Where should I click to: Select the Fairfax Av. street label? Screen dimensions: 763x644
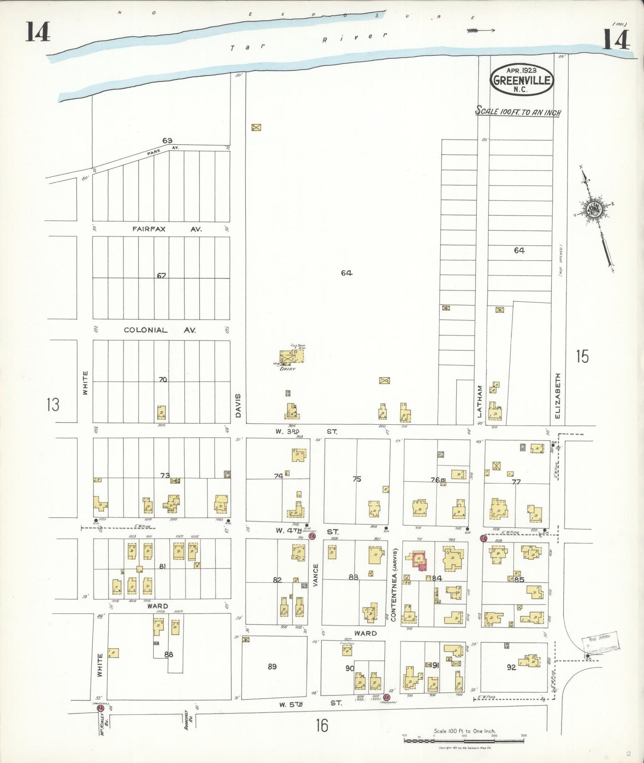tap(167, 229)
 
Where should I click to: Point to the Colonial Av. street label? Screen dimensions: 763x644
tap(160, 330)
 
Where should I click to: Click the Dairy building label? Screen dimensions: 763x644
tap(287, 369)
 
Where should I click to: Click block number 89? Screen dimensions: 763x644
tap(272, 666)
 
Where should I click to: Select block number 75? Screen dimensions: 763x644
tap(357, 479)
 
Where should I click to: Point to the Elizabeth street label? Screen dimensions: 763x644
tap(558, 395)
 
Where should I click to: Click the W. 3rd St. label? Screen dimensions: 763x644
tap(307, 431)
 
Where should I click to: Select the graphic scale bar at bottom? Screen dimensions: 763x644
tap(464, 741)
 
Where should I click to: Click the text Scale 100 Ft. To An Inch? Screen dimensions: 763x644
tap(518, 112)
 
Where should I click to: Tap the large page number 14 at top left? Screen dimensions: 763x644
tap(37, 32)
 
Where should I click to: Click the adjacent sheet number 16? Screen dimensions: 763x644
tap(322, 726)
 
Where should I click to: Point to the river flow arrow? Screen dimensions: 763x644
tap(480, 30)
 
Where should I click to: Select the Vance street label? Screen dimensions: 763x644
tap(316, 575)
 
